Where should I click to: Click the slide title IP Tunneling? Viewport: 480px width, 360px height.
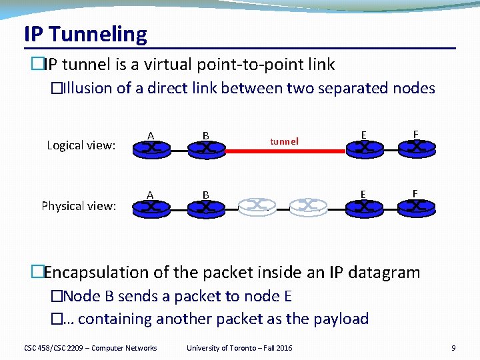tap(85, 34)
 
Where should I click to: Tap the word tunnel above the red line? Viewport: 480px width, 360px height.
tap(284, 141)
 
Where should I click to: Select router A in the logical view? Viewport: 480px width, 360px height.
tap(151, 148)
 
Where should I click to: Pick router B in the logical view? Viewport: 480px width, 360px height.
tap(206, 149)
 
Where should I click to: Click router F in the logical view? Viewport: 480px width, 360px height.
tap(417, 147)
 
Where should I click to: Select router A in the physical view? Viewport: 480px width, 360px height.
tap(151, 207)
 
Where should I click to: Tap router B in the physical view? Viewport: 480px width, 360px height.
tap(206, 207)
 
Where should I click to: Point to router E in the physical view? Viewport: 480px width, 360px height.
tap(363, 206)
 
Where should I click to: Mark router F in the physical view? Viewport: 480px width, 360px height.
tap(417, 206)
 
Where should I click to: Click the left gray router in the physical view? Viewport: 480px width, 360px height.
tap(257, 206)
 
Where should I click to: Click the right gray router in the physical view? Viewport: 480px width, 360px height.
tap(309, 206)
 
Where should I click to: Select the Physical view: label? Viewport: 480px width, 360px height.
tap(79, 206)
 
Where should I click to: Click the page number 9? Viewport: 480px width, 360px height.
tap(453, 348)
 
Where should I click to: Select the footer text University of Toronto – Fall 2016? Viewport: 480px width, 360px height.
tap(239, 348)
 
